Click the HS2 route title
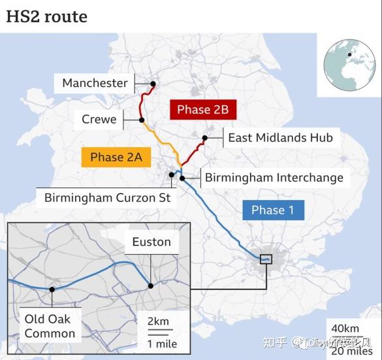point(46,16)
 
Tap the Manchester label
point(95,83)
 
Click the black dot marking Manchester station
point(153,84)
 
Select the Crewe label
point(99,120)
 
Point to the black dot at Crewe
point(142,120)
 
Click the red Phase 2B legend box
point(202,110)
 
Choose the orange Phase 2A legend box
point(116,157)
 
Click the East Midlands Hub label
point(280,138)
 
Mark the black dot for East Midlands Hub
point(205,138)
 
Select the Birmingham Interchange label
point(274,177)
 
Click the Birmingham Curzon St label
point(107,197)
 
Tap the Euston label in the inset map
point(151,242)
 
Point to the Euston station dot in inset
point(151,286)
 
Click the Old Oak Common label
point(50,326)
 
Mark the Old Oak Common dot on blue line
point(51,289)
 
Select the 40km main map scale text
point(345,328)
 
